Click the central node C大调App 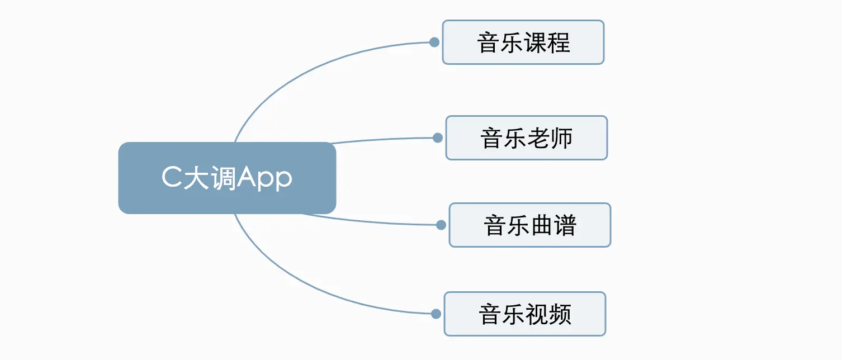227,178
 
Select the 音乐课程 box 523,42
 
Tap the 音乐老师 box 526,138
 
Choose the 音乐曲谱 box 529,225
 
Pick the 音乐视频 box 524,314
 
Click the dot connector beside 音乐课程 434,42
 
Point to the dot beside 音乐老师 437,138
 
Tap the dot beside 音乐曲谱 441,225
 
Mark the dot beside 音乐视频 436,314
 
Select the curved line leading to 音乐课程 291,73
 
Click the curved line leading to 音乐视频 291,282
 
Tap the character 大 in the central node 196,178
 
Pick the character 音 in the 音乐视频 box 490,314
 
